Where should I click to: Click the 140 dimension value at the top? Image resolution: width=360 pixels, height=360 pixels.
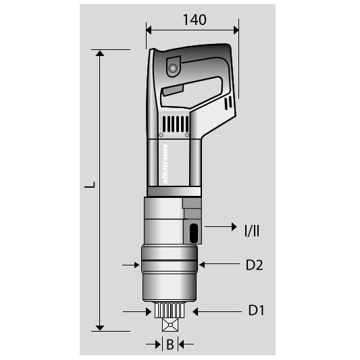(195, 20)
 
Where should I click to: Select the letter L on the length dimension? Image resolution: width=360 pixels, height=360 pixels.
(90, 185)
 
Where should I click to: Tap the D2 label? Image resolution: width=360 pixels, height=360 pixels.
(254, 265)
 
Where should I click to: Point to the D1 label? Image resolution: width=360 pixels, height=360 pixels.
(256, 311)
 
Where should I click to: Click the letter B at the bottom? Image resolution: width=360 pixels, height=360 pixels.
(170, 344)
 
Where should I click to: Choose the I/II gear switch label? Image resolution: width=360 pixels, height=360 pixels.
(252, 231)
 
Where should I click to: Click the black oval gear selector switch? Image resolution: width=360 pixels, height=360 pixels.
(194, 233)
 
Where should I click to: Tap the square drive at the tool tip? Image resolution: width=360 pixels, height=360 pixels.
(170, 325)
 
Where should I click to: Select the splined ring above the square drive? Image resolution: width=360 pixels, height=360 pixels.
(170, 310)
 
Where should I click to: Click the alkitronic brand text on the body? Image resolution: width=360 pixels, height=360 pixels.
(165, 163)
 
